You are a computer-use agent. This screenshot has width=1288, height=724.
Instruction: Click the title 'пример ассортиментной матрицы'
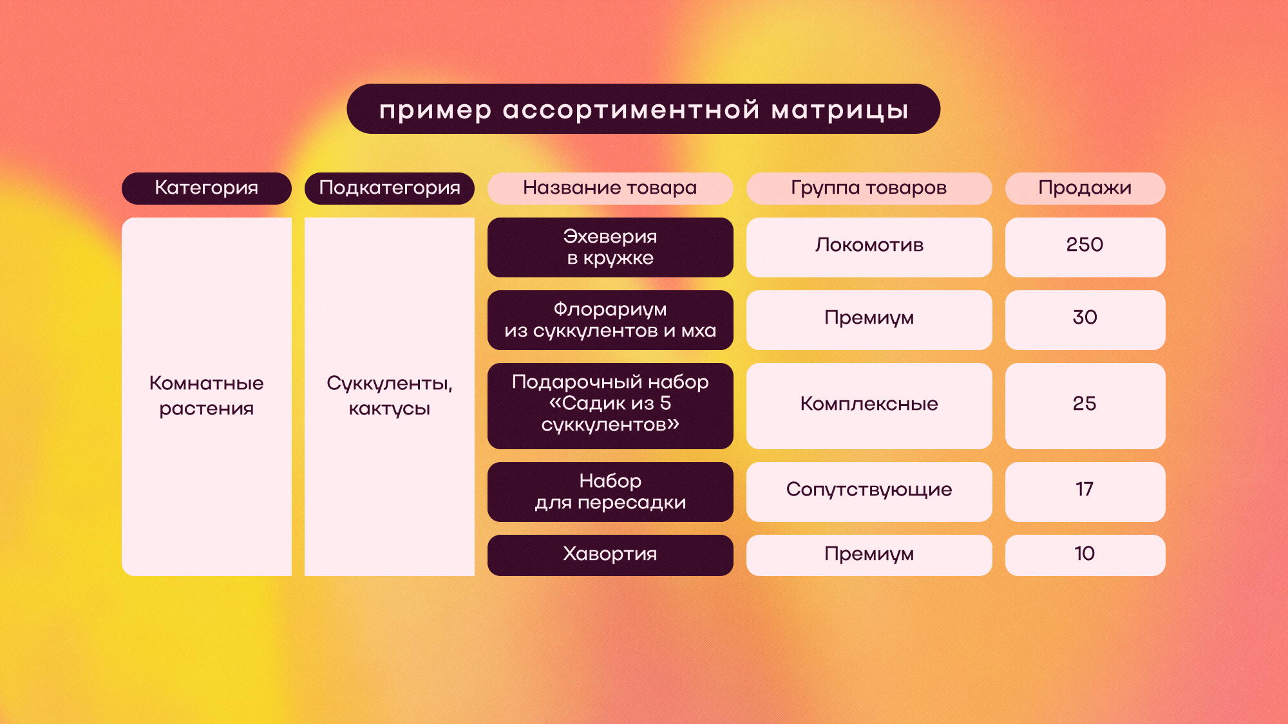click(643, 109)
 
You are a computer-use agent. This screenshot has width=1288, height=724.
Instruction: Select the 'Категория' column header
click(207, 188)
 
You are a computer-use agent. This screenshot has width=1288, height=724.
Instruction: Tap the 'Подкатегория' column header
click(390, 188)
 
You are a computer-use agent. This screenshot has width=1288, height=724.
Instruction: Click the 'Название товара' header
click(610, 188)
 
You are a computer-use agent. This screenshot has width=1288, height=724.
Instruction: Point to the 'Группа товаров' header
click(869, 188)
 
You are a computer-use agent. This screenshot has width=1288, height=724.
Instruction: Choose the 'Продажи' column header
click(1085, 188)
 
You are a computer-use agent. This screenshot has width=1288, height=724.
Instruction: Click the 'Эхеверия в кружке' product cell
click(610, 247)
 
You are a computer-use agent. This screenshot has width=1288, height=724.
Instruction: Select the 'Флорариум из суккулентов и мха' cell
click(610, 320)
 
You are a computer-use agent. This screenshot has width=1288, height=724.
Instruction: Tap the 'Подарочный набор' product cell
click(610, 405)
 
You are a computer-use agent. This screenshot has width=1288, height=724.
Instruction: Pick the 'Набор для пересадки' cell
click(610, 492)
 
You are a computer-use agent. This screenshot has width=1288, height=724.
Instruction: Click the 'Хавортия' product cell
click(610, 555)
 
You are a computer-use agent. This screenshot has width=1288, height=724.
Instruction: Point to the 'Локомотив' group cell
click(869, 247)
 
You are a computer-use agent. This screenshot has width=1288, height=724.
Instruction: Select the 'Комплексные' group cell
click(869, 405)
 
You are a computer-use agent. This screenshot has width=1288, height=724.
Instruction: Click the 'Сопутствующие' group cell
click(869, 492)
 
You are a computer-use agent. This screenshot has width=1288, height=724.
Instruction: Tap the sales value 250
click(1084, 245)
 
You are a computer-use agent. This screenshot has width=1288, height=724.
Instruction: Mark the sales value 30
click(1084, 317)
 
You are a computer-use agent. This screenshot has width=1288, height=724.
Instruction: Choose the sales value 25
click(1084, 404)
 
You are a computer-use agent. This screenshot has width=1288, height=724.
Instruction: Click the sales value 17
click(1084, 489)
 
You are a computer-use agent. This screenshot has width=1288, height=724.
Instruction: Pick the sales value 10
click(1084, 553)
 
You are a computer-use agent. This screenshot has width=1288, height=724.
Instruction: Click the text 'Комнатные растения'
click(207, 396)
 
